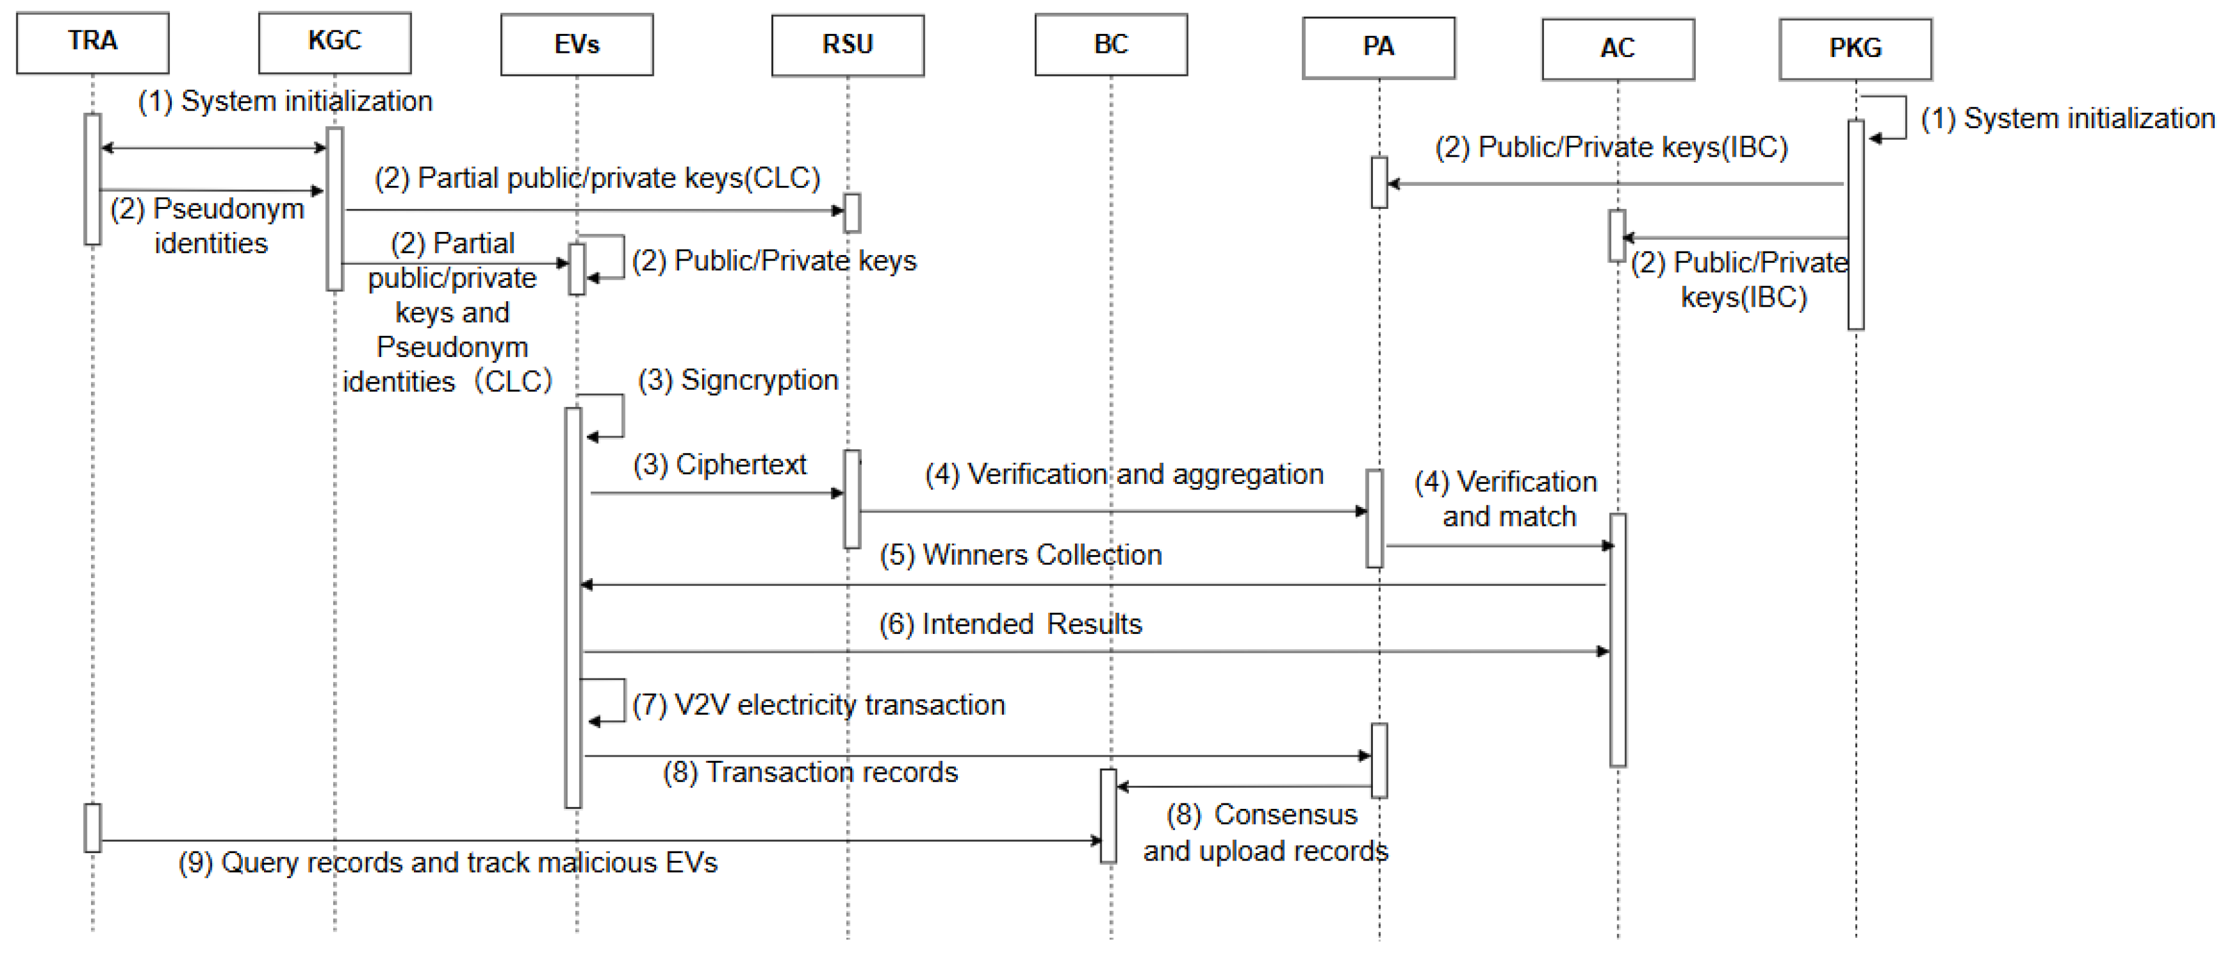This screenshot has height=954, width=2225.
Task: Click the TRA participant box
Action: [x=92, y=43]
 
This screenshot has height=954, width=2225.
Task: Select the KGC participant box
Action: [x=334, y=43]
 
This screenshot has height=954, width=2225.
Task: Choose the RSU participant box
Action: [x=847, y=45]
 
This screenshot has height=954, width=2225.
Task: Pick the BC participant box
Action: [x=1111, y=45]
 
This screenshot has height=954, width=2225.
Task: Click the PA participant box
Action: [x=1378, y=47]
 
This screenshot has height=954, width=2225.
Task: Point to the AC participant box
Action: [x=1618, y=49]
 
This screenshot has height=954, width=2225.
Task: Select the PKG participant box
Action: [x=1855, y=49]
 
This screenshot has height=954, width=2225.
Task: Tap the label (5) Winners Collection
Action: [x=1020, y=555]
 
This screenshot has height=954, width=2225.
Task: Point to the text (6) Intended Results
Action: [x=1010, y=624]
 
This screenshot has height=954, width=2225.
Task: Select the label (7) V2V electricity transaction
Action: [x=818, y=705]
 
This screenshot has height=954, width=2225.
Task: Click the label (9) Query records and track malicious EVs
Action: [x=447, y=862]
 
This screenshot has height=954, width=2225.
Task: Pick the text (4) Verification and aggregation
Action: [x=1124, y=474]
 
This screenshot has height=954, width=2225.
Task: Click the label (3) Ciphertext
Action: [x=719, y=465]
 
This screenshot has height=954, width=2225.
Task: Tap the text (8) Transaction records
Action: [x=810, y=772]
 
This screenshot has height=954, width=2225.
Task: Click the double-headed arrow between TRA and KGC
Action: [x=214, y=148]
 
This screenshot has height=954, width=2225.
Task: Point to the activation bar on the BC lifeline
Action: [x=1108, y=816]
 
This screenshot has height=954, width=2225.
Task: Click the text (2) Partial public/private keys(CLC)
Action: [x=597, y=178]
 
